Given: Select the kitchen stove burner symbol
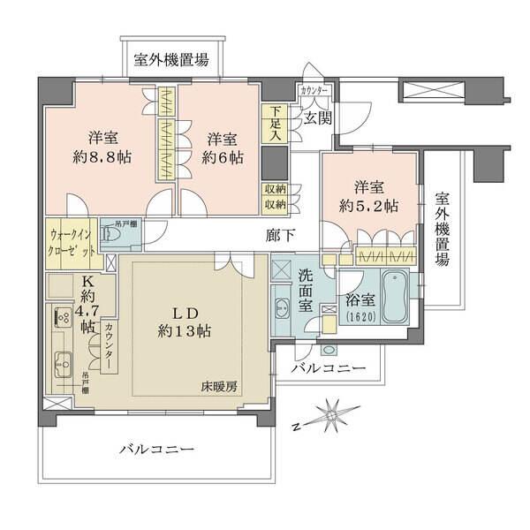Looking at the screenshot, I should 62,316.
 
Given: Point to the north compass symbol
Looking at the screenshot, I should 329,415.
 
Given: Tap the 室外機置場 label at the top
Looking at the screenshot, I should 171,60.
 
